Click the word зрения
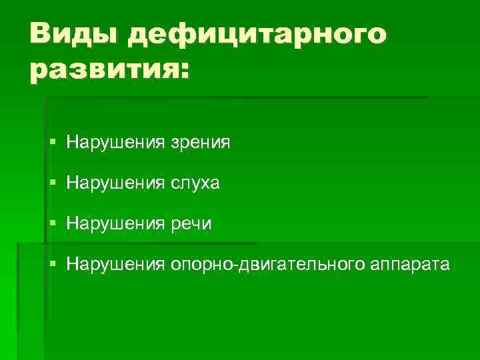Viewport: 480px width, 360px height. [x=201, y=142]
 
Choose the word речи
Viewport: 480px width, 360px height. [x=191, y=223]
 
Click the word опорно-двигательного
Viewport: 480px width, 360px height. [x=266, y=265]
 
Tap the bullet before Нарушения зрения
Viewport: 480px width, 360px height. [x=53, y=142]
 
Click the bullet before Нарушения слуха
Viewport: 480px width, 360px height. [x=53, y=183]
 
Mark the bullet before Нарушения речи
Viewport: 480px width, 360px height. [x=53, y=223]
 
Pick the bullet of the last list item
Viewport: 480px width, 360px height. [x=53, y=264]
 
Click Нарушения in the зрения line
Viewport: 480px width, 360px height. [x=115, y=142]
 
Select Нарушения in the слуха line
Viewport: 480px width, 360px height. [x=115, y=183]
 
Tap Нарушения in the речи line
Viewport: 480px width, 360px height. [x=115, y=223]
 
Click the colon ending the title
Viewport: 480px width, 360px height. [x=183, y=70]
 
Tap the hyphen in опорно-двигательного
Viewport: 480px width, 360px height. [x=231, y=265]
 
